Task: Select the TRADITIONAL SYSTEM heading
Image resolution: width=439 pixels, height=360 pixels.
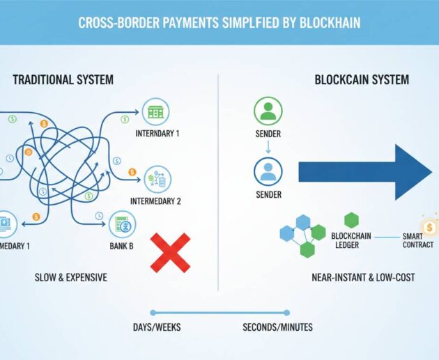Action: tap(63, 80)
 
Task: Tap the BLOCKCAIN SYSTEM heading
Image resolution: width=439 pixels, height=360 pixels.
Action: tap(362, 80)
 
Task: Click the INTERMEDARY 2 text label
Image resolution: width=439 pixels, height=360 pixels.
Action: tap(155, 202)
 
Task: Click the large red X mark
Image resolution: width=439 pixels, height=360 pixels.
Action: tap(171, 252)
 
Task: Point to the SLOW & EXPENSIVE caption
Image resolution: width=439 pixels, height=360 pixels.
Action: tap(71, 277)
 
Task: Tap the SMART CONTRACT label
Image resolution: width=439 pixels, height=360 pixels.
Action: tap(418, 240)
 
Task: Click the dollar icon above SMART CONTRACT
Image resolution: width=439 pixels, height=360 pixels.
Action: tap(429, 226)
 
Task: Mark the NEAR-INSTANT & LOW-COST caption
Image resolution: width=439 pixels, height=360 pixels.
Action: tap(364, 277)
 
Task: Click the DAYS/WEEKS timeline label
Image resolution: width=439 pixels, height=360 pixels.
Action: tap(157, 327)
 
